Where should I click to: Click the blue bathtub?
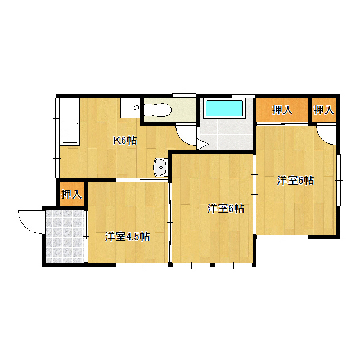coord(224,108)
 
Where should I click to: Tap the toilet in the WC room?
coord(157,110)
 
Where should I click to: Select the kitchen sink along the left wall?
coord(69,133)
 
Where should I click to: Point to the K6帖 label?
coord(125,140)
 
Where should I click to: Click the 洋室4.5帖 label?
coord(127,236)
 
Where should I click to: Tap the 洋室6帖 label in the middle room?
coord(226,208)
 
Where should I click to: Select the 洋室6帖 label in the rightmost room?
coord(295,180)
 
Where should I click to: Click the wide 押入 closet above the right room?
coord(282,110)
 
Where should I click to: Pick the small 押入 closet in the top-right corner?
coord(324,110)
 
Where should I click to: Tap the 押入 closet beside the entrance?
coord(71,194)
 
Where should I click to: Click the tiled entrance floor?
coord(65,236)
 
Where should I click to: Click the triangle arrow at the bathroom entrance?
coord(202,145)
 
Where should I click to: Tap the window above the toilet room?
coord(184,95)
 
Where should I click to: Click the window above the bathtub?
coord(244,96)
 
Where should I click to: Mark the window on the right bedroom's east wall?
coord(339,180)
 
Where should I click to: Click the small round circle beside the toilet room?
coord(137,107)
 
